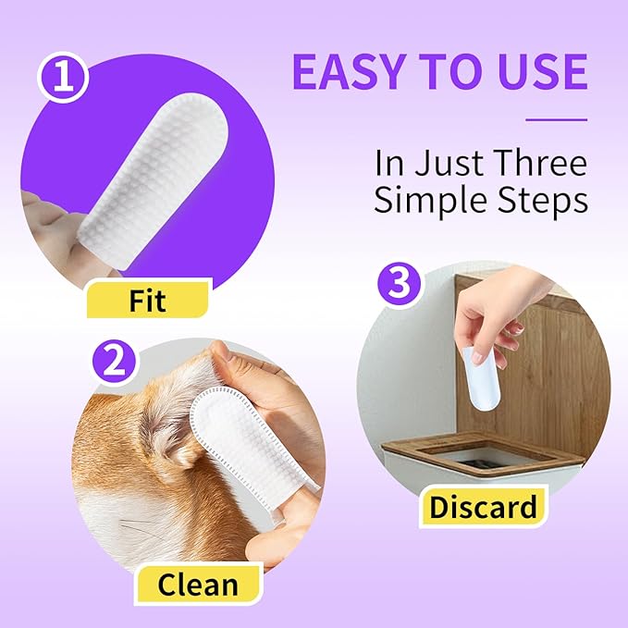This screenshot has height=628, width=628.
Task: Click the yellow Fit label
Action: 148,300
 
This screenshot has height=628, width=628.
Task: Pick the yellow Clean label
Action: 197,585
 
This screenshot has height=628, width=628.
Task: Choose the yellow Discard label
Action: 482,506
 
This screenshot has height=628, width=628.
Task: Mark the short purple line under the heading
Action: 556,119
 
